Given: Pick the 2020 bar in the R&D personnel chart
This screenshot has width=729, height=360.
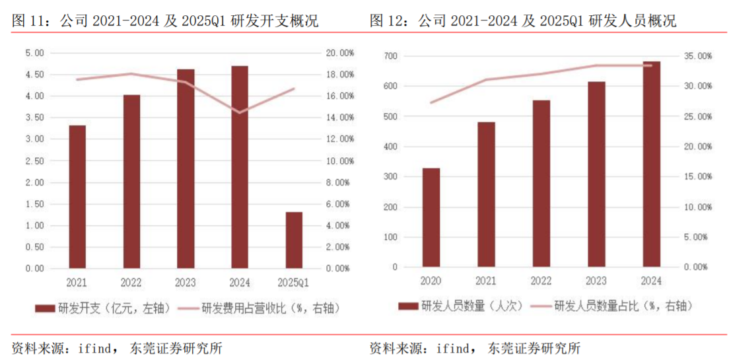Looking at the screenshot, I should pos(431,217).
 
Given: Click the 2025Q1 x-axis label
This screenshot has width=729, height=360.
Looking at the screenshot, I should pos(294,283).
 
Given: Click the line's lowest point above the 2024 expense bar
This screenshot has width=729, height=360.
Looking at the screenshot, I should pos(240,112).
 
